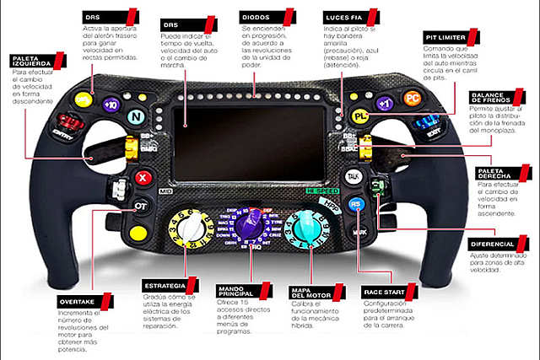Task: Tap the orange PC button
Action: [412, 98]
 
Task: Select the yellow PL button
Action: [361, 116]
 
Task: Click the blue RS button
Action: [356, 203]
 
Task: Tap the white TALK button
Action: [354, 176]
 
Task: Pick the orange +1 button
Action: [384, 104]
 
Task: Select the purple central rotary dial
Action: [251, 228]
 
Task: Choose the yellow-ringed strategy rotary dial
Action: [188, 228]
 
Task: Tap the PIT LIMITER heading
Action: [446, 38]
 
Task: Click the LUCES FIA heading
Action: [345, 17]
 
